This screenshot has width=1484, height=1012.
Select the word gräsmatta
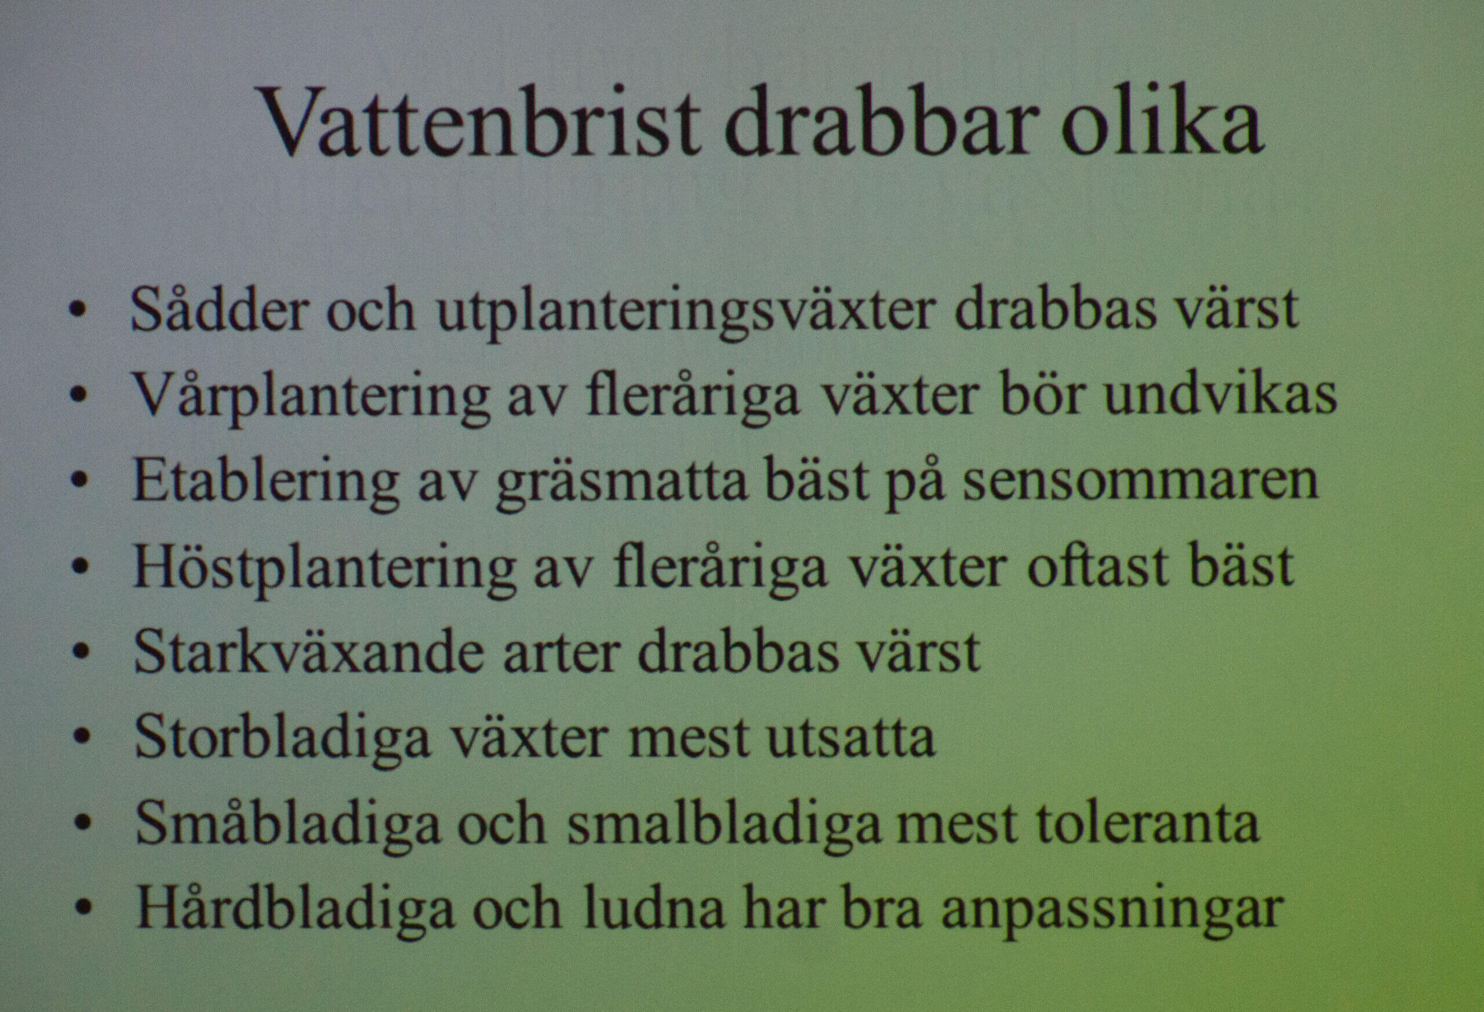click(621, 483)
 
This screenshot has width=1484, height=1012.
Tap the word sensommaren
click(1140, 480)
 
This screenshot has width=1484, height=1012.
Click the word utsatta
click(850, 737)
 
